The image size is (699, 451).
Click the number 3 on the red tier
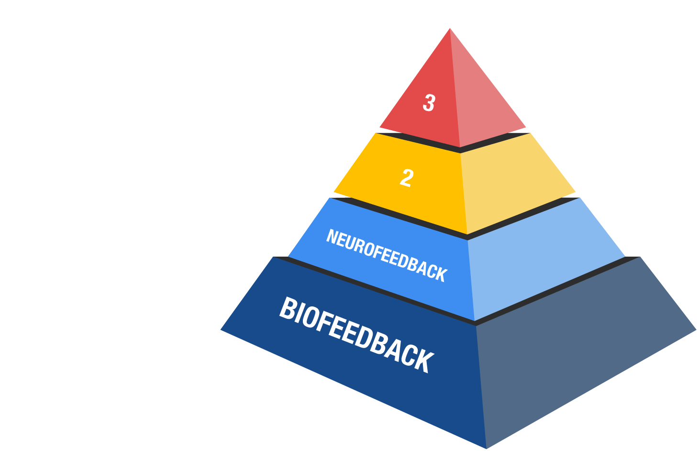pos(429,102)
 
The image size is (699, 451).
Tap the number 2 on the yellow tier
pos(407,178)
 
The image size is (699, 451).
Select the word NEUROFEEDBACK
pos(387,256)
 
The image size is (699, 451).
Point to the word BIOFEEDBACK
pos(356,335)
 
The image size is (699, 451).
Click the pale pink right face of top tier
pos(487,94)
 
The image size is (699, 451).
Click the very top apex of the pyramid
pos(450,28)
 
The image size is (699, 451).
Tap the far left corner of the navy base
pos(221,329)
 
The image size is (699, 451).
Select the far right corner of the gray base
pos(696,329)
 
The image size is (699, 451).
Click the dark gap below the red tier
pos(460,150)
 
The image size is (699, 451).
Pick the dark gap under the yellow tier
pos(467,237)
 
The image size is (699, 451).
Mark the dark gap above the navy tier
pos(475,323)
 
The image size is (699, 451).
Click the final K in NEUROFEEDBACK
pos(443,274)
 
